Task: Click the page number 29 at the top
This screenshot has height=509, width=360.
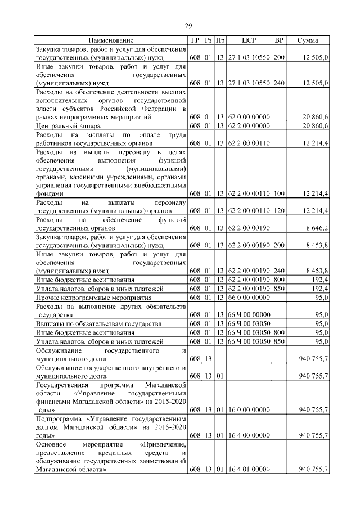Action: [189, 25]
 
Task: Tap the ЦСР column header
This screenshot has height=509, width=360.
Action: [249, 40]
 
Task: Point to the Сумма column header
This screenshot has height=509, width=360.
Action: [308, 40]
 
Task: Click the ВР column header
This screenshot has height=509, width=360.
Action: [279, 40]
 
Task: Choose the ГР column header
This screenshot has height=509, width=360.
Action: [195, 40]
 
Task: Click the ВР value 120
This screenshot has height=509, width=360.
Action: [279, 211]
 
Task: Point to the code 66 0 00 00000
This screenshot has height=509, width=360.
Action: [249, 296]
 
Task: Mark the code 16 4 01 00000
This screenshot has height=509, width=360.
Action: [249, 469]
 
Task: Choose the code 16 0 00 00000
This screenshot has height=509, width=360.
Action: [249, 409]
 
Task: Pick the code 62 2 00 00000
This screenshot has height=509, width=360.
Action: [249, 127]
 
